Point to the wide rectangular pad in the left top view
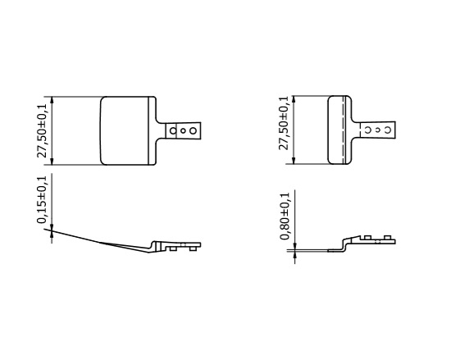tap(127, 130)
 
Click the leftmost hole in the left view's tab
tap(175, 130)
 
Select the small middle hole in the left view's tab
tap(184, 130)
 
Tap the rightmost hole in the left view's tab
tap(193, 130)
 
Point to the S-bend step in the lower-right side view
tap(345, 243)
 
